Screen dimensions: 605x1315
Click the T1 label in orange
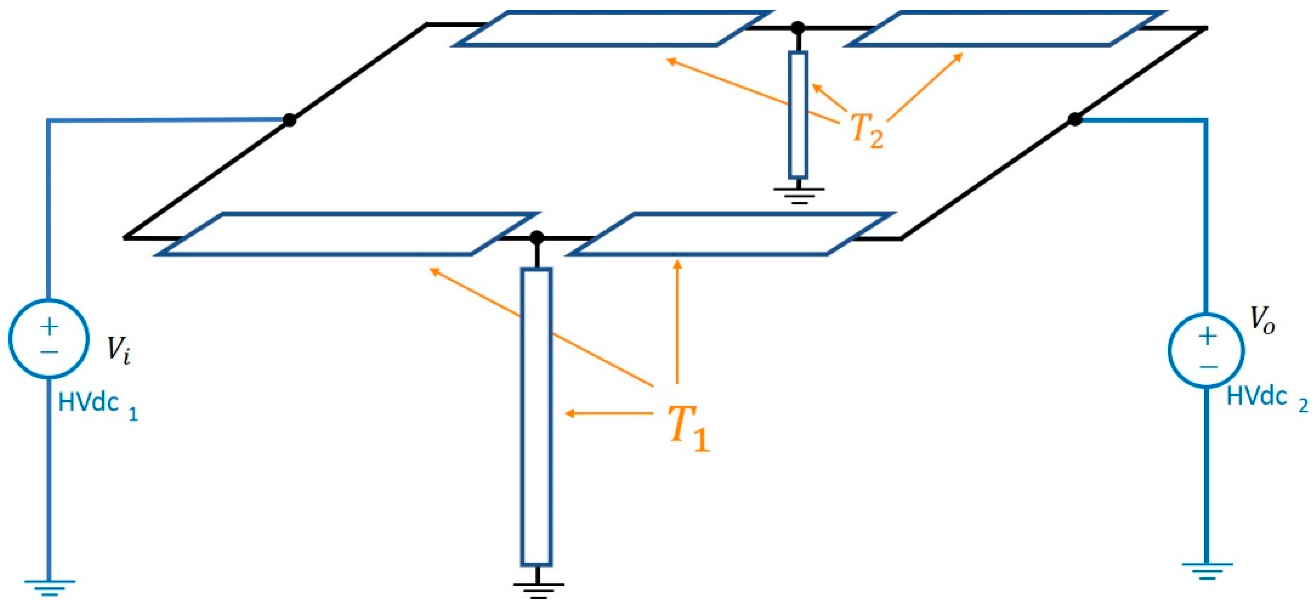[688, 428]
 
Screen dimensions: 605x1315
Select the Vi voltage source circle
[49, 339]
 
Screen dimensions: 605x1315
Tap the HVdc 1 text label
[97, 404]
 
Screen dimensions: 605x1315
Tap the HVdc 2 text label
[1266, 398]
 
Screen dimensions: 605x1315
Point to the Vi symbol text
[118, 350]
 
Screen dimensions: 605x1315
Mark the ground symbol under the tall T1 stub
[538, 590]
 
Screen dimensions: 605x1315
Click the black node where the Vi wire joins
[289, 120]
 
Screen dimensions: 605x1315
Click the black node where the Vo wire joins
[1075, 120]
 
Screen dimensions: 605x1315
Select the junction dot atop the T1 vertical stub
[537, 237]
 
